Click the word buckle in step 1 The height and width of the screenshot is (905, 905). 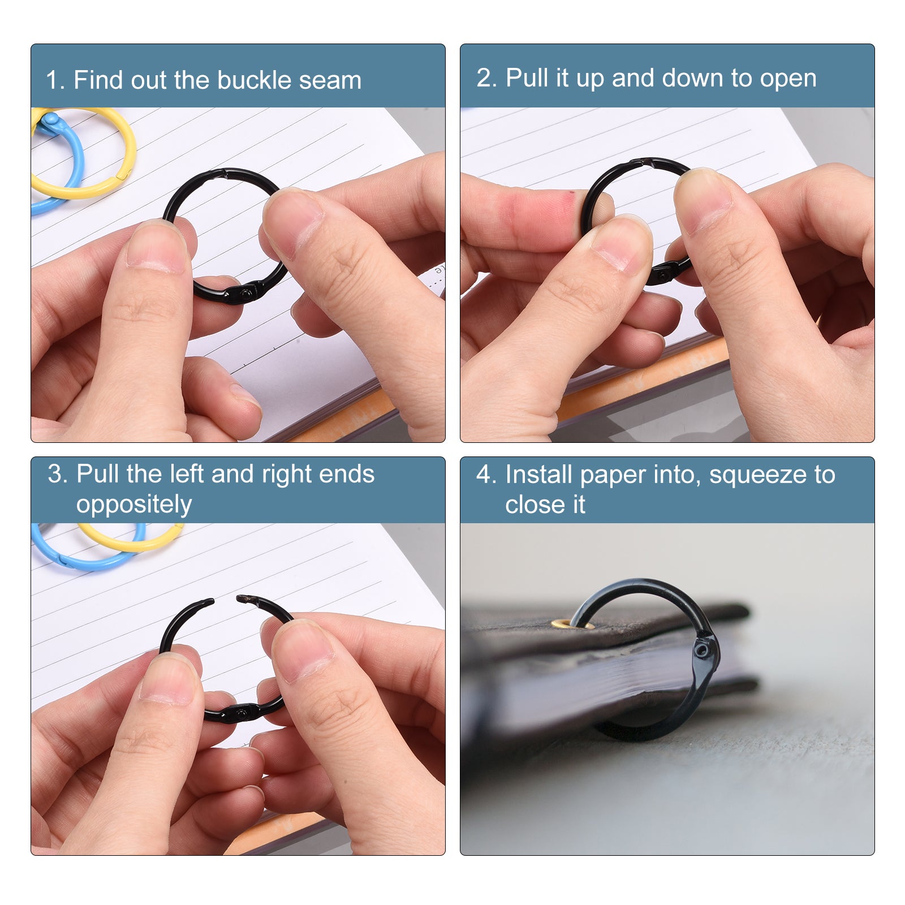coord(255,80)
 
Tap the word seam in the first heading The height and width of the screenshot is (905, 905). coord(330,81)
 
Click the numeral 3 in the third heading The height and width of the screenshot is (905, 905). coord(54,474)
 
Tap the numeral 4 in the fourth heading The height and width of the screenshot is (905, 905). coord(484,475)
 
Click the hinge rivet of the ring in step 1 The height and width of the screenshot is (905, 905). coord(245,293)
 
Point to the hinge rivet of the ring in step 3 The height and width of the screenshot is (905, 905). coord(242,713)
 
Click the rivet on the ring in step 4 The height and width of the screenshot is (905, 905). coord(702,650)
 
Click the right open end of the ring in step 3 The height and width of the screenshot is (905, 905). coord(241,598)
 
